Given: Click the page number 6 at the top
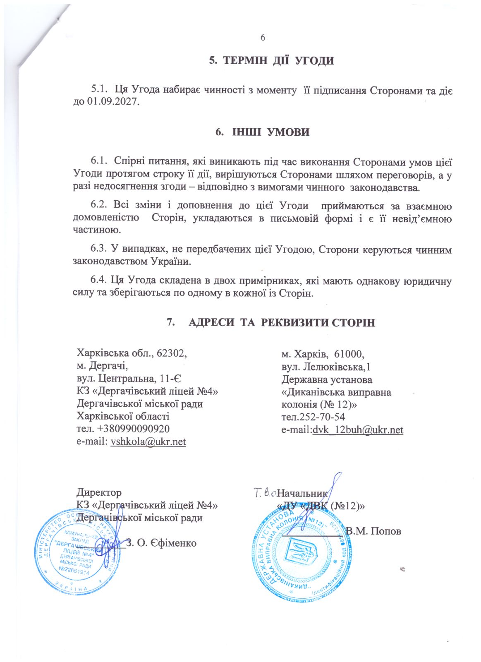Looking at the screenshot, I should (263, 38).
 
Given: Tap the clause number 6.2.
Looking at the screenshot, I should (99, 206).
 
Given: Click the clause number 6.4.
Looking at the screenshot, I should (99, 280).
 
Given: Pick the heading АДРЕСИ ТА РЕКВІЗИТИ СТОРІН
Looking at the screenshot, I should (282, 322).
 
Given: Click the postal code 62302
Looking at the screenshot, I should (170, 353).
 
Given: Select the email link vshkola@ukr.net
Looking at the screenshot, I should (148, 442).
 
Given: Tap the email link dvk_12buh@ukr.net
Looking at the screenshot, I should (358, 430).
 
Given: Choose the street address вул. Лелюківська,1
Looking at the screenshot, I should (326, 367).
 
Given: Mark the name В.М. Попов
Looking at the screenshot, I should (373, 531).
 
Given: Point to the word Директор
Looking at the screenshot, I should (99, 493).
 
